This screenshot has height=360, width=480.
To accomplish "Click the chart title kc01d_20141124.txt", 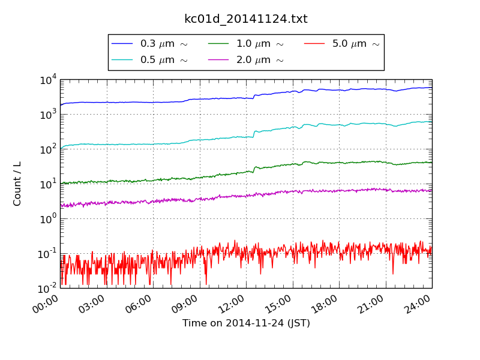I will pyautogui.click(x=245, y=19).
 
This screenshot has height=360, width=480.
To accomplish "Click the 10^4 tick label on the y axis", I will pyautogui.click(x=48, y=80).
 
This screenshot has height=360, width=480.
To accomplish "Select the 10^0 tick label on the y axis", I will pyautogui.click(x=48, y=218).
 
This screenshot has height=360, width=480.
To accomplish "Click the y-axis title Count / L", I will pyautogui.click(x=17, y=184).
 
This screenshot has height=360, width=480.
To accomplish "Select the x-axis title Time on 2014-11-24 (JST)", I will pyautogui.click(x=246, y=323).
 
